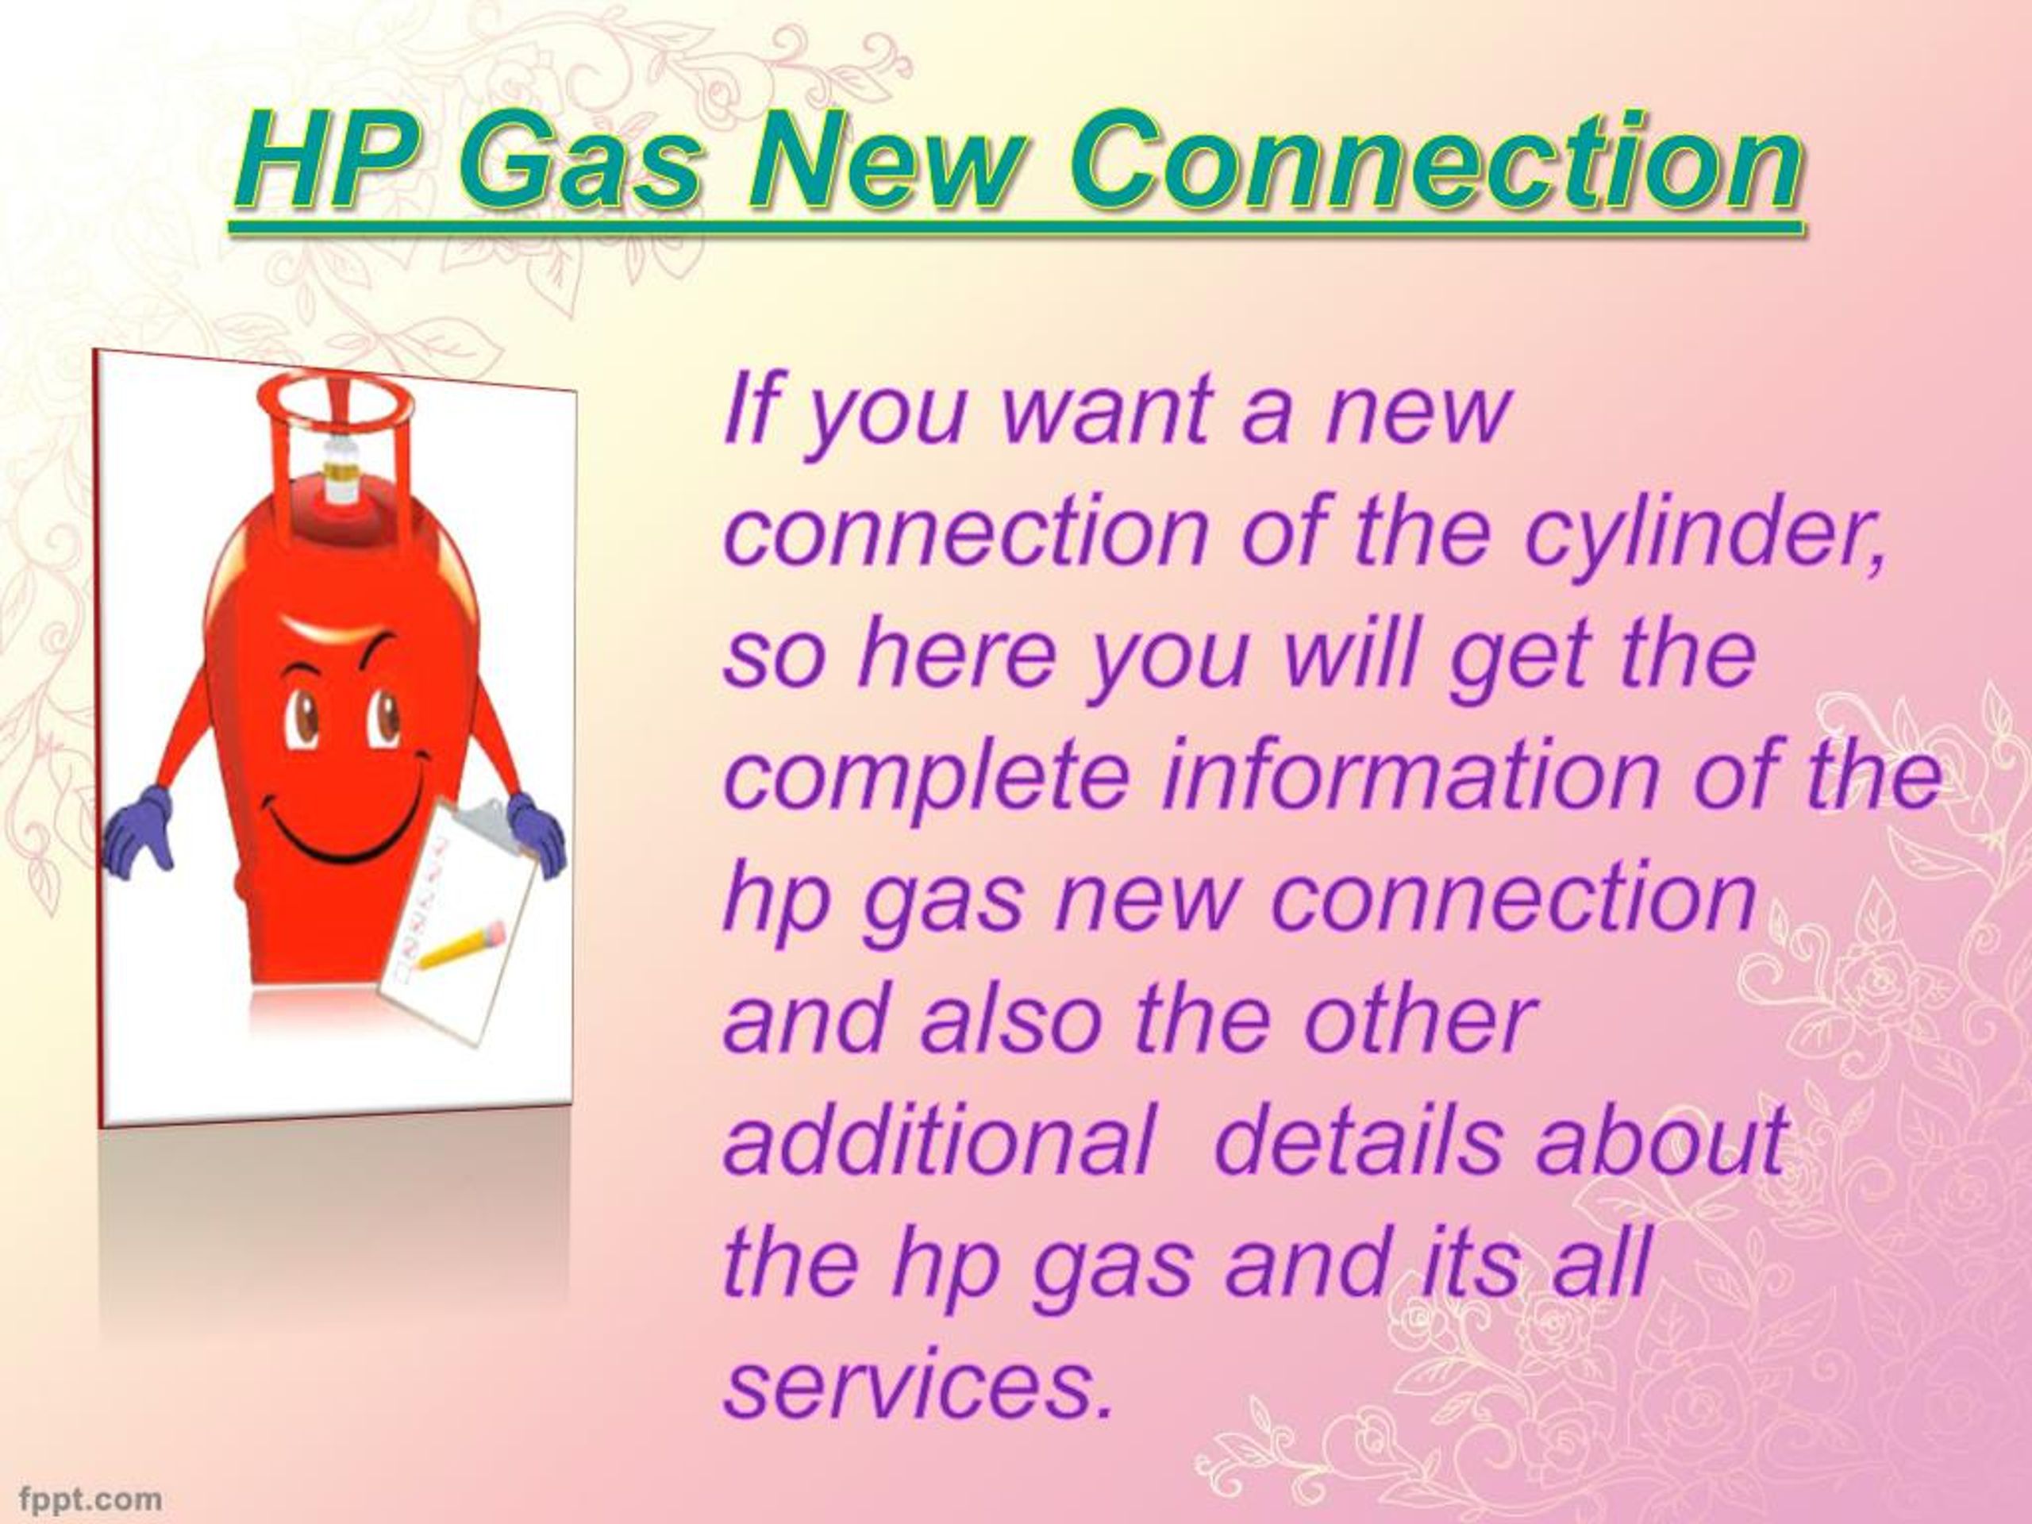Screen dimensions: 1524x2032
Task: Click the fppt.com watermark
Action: click(90, 1499)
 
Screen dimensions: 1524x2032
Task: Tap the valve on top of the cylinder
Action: click(341, 468)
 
